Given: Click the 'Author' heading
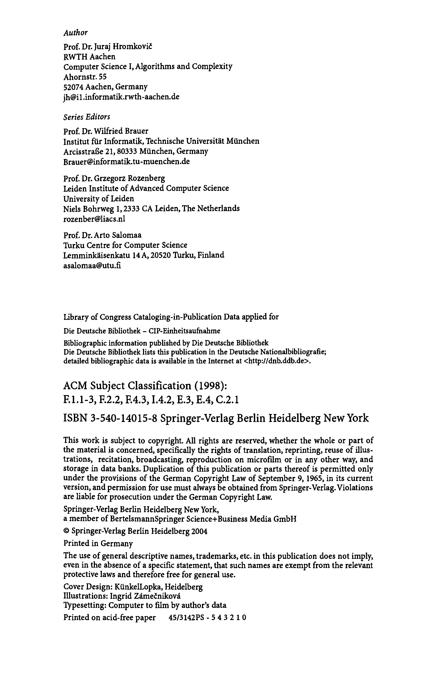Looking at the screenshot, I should pyautogui.click(x=75, y=33).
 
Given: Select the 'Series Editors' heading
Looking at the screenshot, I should pyautogui.click(x=87, y=117).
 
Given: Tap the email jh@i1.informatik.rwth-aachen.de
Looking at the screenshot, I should pyautogui.click(x=121, y=97).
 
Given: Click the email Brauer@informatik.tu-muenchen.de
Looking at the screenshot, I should pyautogui.click(x=127, y=161).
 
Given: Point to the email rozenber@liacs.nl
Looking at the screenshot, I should pyautogui.click(x=94, y=219).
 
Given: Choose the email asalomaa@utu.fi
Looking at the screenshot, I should pyautogui.click(x=92, y=266).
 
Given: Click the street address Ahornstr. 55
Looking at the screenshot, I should pyautogui.click(x=85, y=77).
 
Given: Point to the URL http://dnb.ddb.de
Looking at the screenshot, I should pyautogui.click(x=277, y=361).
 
